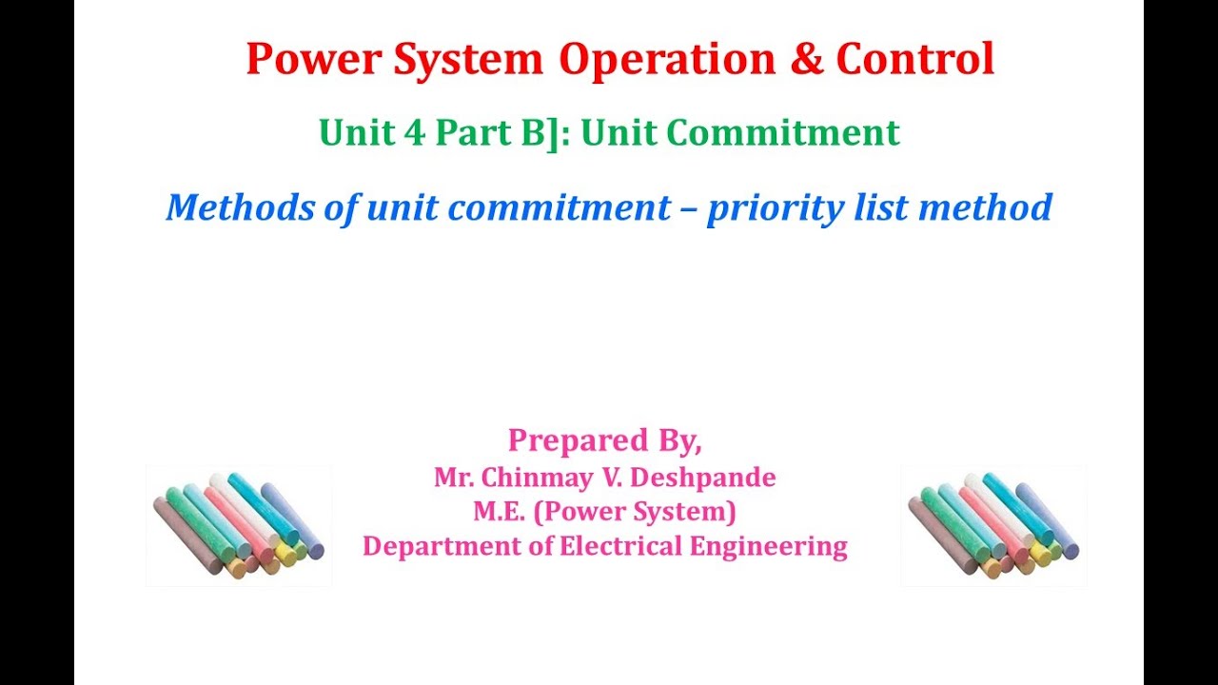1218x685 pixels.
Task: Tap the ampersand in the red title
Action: coord(808,60)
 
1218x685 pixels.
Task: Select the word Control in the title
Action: coord(915,60)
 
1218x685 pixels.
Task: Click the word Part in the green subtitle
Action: coord(466,133)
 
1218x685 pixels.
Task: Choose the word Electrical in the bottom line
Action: coord(621,546)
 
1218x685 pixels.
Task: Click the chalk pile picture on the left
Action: coord(238,525)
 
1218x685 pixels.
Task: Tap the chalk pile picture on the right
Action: coord(993,525)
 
